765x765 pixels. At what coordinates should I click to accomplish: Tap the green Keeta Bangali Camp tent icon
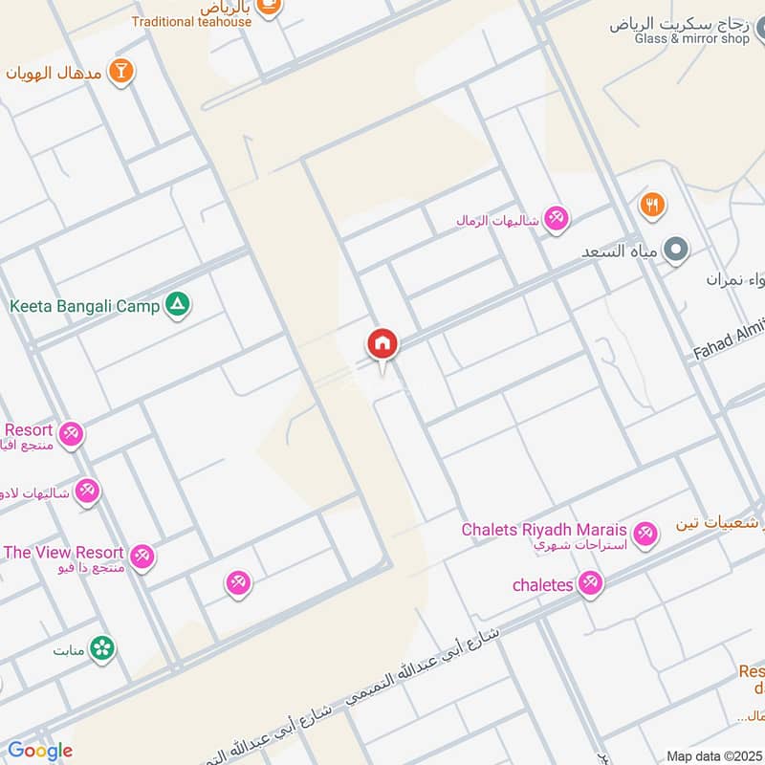(178, 305)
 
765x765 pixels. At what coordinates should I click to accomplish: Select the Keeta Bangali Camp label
(84, 307)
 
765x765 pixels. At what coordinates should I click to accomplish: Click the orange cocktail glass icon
(121, 71)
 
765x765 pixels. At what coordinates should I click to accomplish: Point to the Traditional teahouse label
(192, 21)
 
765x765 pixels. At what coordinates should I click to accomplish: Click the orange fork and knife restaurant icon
(652, 204)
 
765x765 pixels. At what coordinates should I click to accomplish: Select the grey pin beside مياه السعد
(677, 251)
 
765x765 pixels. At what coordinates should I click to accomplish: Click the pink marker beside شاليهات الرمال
(556, 219)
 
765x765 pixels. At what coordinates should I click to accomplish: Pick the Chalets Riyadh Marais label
(544, 530)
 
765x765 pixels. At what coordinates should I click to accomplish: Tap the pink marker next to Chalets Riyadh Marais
(645, 534)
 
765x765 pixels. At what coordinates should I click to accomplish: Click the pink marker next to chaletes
(590, 583)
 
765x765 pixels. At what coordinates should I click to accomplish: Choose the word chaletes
(542, 584)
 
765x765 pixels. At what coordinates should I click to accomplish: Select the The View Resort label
(63, 552)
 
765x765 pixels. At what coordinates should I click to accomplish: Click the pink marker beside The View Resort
(142, 556)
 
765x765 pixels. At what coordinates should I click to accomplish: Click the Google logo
(39, 751)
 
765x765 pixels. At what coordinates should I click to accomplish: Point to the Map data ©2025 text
(712, 755)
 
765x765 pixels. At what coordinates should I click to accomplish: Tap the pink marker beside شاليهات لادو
(87, 491)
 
